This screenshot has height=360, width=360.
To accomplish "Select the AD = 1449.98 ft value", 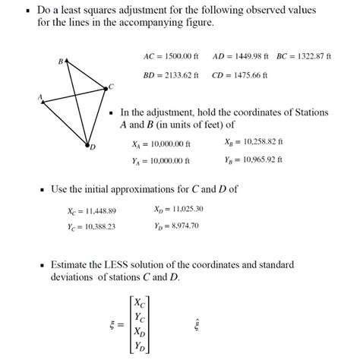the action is tap(238, 57).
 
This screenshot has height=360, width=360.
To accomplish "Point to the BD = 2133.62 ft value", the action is tap(170, 75).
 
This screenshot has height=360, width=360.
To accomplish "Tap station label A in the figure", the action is tap(40, 98).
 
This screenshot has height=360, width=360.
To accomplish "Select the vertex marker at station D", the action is tap(87, 144).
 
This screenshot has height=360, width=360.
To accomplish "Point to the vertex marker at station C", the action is tap(104, 87).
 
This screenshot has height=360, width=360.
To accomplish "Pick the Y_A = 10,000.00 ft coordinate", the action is tap(160, 160).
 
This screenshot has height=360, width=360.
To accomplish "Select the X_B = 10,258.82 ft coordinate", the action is tap(254, 142).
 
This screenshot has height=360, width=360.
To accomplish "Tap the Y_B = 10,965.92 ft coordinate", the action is tap(254, 159).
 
